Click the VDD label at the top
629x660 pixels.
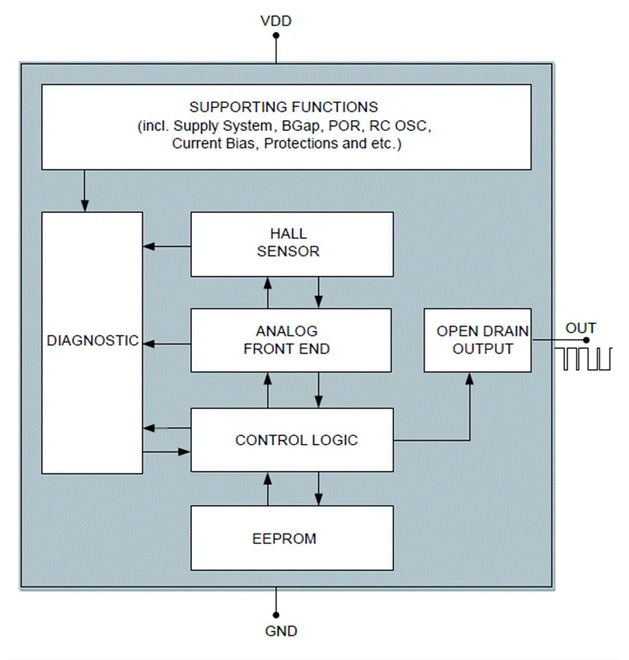(x=276, y=21)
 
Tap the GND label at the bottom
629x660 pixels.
(x=281, y=631)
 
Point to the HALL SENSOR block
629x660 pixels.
(x=292, y=243)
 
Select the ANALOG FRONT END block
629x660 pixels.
(x=292, y=340)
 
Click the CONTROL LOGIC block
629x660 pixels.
(x=292, y=440)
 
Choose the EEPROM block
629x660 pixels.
(x=292, y=538)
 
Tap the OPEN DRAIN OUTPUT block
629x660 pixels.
(x=477, y=340)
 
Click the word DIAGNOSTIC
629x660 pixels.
(x=92, y=341)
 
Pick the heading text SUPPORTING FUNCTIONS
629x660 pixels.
(x=284, y=107)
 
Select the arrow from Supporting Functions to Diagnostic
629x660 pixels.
(x=84, y=191)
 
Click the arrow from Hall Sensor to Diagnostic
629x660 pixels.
(x=167, y=247)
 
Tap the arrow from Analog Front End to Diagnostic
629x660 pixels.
(x=167, y=342)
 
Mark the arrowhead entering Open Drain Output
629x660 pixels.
(x=470, y=378)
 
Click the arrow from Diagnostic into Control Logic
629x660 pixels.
(x=167, y=452)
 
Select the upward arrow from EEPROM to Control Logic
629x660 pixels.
(x=268, y=488)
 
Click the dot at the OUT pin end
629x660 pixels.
(x=586, y=340)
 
